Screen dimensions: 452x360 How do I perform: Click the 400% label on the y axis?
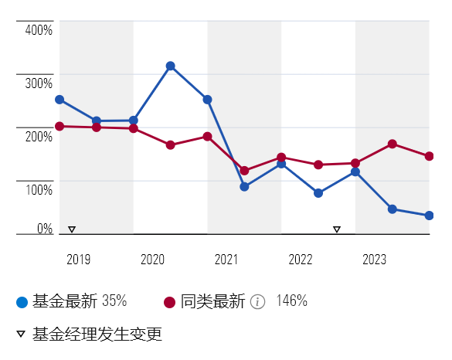(x=39, y=30)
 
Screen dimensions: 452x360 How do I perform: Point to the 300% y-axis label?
(x=39, y=83)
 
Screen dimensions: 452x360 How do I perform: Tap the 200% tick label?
(x=39, y=136)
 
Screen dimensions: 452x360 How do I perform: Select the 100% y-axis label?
(x=39, y=189)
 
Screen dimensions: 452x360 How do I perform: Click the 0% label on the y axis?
(x=45, y=229)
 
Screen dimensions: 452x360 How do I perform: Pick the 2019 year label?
(x=78, y=260)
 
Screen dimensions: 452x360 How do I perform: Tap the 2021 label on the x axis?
(x=226, y=260)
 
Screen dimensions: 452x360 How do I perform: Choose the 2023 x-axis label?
(x=374, y=260)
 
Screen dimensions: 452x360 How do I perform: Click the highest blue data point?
(x=170, y=66)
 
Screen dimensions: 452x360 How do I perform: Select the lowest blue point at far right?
(x=430, y=216)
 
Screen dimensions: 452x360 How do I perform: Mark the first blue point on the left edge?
(x=59, y=100)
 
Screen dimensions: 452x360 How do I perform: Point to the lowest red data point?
(x=244, y=171)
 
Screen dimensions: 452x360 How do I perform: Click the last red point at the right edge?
(x=430, y=156)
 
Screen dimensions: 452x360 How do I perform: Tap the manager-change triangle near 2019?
(x=72, y=229)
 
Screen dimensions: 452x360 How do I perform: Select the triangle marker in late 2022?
(x=337, y=229)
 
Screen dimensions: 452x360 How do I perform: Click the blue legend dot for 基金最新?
(x=22, y=302)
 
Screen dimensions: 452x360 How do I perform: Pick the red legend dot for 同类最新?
(x=169, y=302)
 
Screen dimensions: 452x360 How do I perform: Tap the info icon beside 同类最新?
(x=257, y=302)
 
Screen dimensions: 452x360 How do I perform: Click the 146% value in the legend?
(x=292, y=301)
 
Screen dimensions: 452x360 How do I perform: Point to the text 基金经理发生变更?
(x=97, y=334)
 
